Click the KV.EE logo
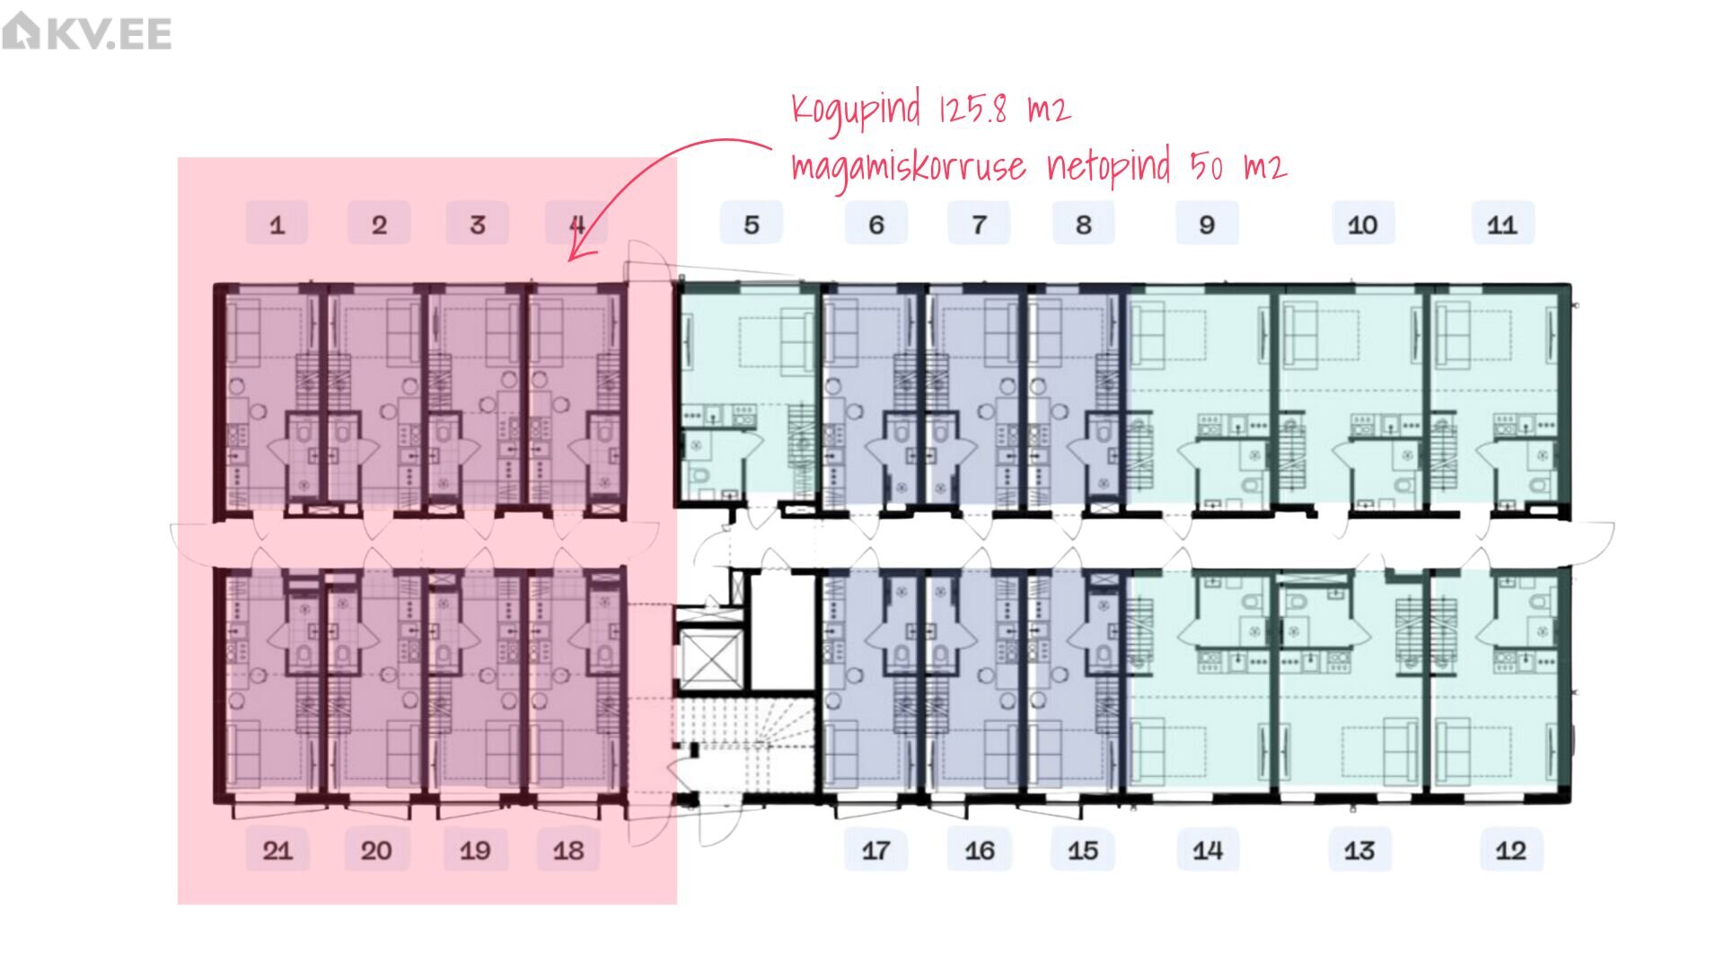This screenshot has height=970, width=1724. [x=87, y=32]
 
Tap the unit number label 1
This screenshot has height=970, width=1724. [x=277, y=224]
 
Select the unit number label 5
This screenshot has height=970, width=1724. [x=752, y=224]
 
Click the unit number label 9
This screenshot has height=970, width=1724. [x=1207, y=224]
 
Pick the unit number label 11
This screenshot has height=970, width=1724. [x=1502, y=224]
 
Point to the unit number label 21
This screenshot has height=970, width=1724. [x=277, y=850]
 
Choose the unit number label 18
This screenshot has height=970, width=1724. [x=568, y=850]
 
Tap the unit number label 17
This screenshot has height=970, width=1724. [x=875, y=850]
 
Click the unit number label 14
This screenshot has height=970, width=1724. [x=1208, y=850]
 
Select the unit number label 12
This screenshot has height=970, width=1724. [x=1511, y=850]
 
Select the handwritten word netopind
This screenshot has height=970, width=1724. [x=1109, y=167]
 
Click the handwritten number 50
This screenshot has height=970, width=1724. [x=1206, y=166]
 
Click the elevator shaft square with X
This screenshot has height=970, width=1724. [x=710, y=659]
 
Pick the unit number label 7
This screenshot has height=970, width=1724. [x=979, y=224]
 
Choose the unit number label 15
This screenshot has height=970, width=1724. [x=1083, y=850]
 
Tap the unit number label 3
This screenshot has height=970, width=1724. [x=478, y=224]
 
